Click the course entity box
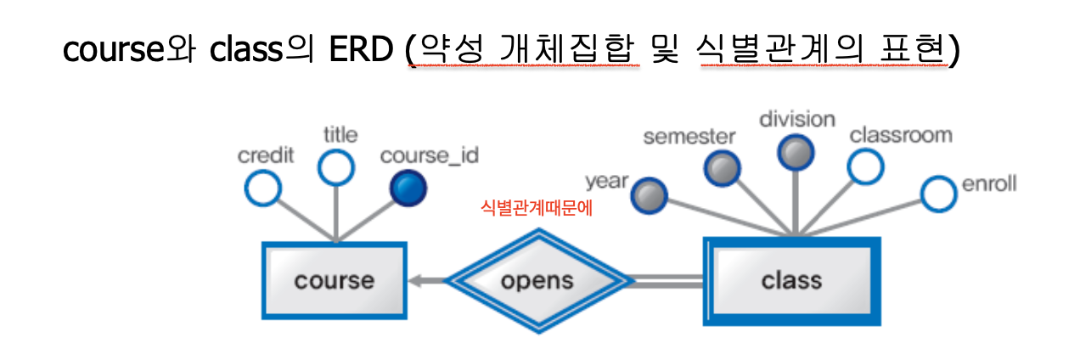(x=334, y=280)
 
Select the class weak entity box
(x=791, y=280)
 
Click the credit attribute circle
(x=262, y=188)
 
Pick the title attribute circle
(x=336, y=167)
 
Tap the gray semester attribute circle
(x=722, y=168)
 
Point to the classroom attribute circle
(x=866, y=166)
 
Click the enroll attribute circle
(x=939, y=194)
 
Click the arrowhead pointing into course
(x=416, y=281)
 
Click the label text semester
(x=689, y=137)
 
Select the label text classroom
(x=901, y=135)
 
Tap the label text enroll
(x=989, y=184)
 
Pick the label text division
(x=797, y=119)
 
